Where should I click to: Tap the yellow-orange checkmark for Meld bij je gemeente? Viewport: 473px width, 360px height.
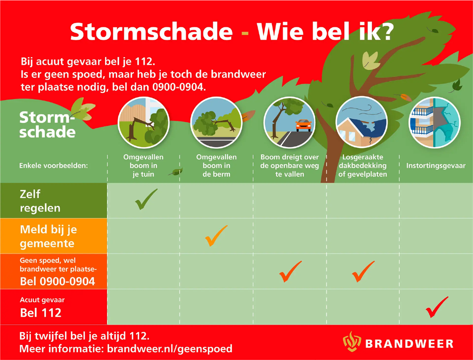pos(216,236)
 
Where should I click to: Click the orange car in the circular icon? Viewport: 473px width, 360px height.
pos(303,125)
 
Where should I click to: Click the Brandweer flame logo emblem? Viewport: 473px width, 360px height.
pos(351,342)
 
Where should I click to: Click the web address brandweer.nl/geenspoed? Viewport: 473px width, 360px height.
pos(170,349)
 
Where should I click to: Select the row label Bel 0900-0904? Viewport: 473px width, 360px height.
pos(57,282)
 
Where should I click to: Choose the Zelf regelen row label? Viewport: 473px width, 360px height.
pos(40,201)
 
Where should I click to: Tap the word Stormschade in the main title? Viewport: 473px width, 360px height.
pos(151,32)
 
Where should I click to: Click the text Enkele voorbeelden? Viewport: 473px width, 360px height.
pos(54,166)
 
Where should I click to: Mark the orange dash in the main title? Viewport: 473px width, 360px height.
pos(245,33)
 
